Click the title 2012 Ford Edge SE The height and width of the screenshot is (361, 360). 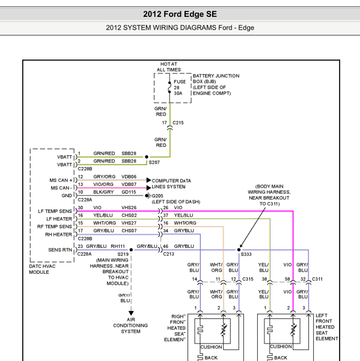180,14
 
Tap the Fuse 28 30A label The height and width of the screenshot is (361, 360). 180,87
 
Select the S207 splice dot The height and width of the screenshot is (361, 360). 147,157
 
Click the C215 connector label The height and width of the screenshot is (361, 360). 178,123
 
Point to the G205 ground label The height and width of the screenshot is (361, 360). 157,196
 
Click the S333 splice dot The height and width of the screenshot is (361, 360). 239,250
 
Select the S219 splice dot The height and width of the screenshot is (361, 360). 131,250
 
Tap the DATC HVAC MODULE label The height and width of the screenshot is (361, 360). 42,269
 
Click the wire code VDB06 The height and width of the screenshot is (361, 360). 129,176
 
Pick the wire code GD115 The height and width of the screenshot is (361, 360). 129,192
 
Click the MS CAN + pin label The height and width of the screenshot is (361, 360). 61,180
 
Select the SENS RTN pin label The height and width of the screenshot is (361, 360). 60,250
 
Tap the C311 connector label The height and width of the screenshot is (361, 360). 317,279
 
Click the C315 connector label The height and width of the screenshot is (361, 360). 248,279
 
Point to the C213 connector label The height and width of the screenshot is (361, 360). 169,254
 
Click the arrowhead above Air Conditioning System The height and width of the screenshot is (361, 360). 131,313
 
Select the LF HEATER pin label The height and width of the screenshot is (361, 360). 59,219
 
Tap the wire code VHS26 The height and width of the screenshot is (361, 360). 129,208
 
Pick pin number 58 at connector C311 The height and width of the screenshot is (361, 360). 287,279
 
